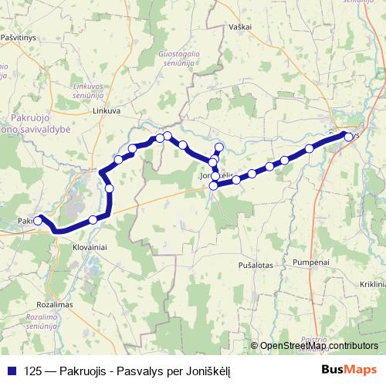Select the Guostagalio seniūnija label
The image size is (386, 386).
coord(174,59)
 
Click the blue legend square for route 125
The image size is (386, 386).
coord(10,370)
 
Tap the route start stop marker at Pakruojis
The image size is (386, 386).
coord(38,221)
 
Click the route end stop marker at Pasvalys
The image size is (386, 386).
coord(348,137)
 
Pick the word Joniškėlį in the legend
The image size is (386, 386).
coord(208,370)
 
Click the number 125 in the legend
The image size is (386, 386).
coord(32,370)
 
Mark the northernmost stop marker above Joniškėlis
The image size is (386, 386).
coord(219,147)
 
